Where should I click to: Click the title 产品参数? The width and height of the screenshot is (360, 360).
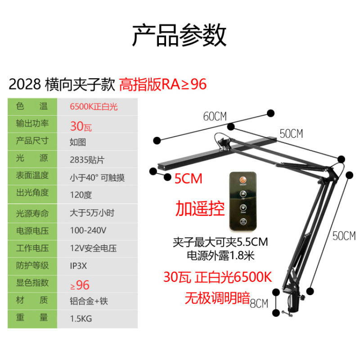(x=179, y=35)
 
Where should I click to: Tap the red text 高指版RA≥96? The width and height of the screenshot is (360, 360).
(x=162, y=84)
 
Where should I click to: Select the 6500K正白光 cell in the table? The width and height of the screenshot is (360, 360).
(x=94, y=107)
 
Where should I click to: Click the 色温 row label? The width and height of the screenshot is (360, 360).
(x=32, y=107)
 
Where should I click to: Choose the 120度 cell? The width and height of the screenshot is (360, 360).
(x=81, y=195)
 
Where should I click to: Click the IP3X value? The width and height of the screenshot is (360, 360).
(x=78, y=265)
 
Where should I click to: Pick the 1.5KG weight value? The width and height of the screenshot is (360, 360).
(x=81, y=319)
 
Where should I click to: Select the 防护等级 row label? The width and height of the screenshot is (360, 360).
(x=32, y=265)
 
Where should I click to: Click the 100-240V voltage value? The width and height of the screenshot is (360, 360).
(x=88, y=230)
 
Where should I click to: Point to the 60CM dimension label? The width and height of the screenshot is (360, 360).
(x=215, y=117)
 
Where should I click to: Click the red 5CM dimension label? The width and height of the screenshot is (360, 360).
(x=188, y=179)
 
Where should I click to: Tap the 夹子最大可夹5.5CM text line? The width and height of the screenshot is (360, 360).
(x=220, y=243)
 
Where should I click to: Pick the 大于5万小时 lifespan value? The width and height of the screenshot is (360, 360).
(x=91, y=212)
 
